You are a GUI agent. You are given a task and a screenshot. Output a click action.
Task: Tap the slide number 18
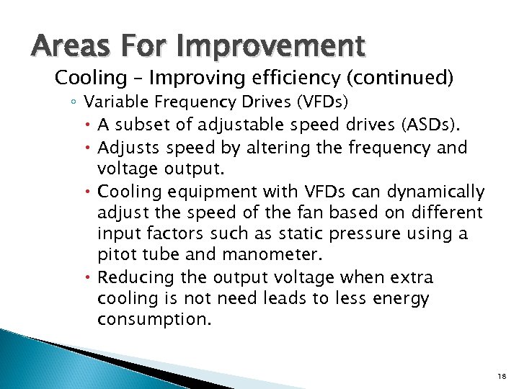click(x=502, y=376)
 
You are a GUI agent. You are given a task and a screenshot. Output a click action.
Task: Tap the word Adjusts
click(x=126, y=148)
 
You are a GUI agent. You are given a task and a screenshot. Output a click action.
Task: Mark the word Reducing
click(x=132, y=277)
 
